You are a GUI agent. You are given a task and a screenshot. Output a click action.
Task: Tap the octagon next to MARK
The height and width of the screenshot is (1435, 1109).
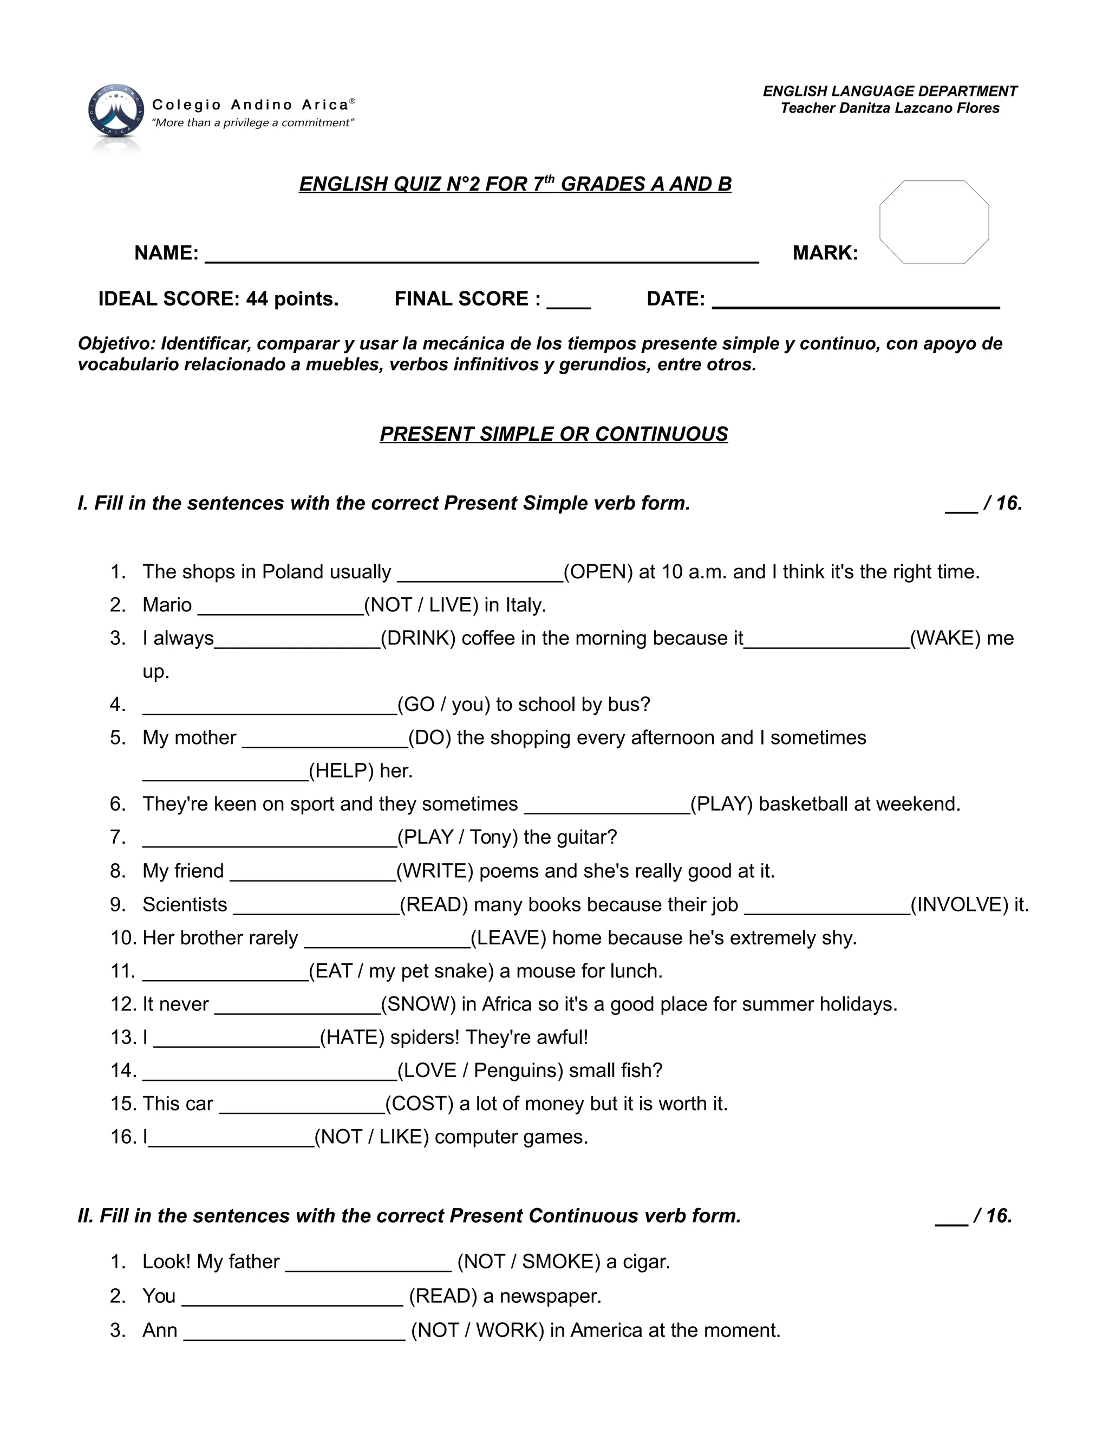[x=934, y=222]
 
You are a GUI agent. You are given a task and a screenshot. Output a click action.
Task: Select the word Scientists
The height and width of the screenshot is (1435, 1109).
[x=185, y=905]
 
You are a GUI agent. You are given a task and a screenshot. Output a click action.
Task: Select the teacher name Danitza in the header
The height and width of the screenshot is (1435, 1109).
[x=865, y=108]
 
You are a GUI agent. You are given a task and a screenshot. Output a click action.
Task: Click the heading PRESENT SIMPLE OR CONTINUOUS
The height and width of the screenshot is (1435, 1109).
[x=554, y=434]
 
